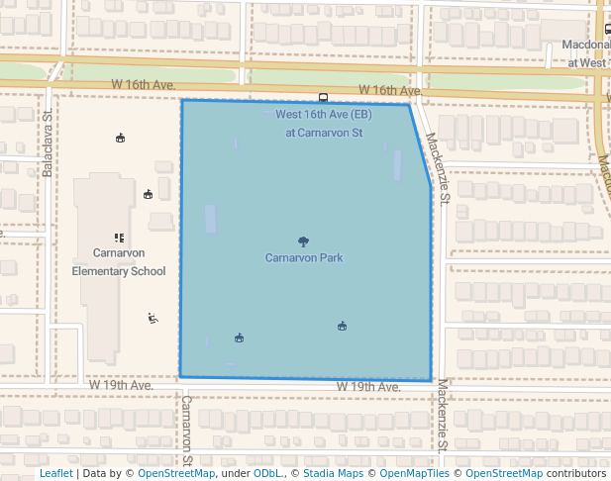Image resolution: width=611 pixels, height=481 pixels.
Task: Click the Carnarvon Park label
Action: click(x=304, y=258)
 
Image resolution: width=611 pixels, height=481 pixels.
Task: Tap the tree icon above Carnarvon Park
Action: click(x=303, y=241)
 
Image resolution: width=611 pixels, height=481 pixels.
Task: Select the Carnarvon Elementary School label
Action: click(x=119, y=261)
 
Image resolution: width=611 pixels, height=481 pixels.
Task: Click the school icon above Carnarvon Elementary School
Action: click(x=119, y=238)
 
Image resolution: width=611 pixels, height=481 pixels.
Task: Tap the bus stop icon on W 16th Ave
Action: click(x=324, y=97)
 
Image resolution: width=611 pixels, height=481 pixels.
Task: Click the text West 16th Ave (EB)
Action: click(x=323, y=115)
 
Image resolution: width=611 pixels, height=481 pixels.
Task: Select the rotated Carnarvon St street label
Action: click(x=186, y=432)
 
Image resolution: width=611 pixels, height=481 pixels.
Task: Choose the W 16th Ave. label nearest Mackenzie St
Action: click(x=391, y=90)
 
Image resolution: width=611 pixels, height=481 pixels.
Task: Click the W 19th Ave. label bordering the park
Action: click(x=367, y=386)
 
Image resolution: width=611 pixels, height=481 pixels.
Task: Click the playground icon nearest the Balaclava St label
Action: click(x=121, y=138)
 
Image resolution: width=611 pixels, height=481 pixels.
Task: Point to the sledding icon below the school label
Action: click(x=153, y=318)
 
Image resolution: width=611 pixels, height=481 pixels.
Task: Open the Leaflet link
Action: click(x=55, y=473)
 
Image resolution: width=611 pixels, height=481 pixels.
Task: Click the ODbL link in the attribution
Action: click(x=267, y=473)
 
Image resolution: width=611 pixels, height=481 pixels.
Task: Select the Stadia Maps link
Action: click(x=332, y=473)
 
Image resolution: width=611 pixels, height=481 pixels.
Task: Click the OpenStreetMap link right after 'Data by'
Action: click(x=175, y=473)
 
